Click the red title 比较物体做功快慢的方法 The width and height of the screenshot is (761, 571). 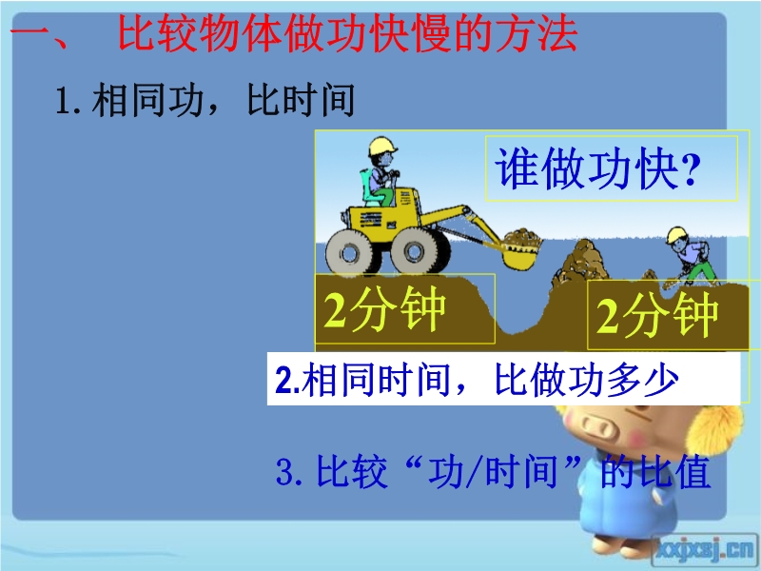347,34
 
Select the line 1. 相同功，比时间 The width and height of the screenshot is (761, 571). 205,100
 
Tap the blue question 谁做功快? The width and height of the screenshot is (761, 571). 598,168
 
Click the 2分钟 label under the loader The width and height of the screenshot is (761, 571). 384,308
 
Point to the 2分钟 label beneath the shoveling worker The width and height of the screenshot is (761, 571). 656,314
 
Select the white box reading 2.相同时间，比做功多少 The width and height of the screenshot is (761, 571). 503,379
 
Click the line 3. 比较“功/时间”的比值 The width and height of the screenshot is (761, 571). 493,470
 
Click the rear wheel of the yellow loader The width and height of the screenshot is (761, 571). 350,252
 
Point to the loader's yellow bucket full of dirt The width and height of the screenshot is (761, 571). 521,249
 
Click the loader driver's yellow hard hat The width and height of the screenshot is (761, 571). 382,146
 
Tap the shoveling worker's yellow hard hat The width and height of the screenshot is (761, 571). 676,235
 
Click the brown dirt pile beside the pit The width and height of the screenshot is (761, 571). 580,263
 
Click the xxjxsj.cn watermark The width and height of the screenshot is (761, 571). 705,550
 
